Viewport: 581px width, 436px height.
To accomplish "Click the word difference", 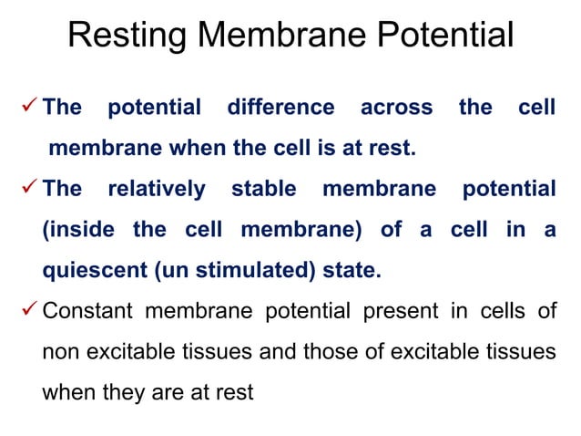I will [280, 108].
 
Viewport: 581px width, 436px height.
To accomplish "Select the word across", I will [396, 108].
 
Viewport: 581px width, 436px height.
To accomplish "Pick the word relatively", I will [157, 190].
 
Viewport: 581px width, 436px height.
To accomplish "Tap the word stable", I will [263, 190].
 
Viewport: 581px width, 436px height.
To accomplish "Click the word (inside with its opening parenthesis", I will [78, 230].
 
